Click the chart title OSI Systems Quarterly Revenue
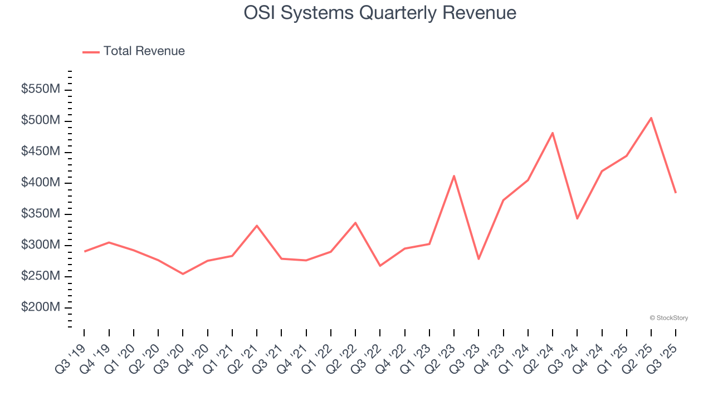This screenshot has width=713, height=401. [x=380, y=13]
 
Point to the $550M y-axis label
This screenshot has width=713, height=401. [x=41, y=90]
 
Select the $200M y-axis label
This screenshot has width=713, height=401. [x=41, y=307]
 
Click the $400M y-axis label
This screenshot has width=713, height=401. [x=41, y=183]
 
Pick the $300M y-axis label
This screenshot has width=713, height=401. [x=41, y=245]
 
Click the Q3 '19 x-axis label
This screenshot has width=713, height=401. [x=71, y=358]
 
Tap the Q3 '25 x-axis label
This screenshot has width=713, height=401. [x=663, y=358]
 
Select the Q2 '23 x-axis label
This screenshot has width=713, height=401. [x=441, y=358]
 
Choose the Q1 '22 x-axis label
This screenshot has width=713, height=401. [x=318, y=358]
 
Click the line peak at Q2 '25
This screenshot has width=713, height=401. [x=651, y=118]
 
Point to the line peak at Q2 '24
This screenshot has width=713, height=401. [x=553, y=133]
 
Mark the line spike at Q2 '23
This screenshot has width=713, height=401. [x=454, y=176]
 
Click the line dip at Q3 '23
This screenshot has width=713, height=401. [x=478, y=258]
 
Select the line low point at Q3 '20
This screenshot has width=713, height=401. [x=183, y=273]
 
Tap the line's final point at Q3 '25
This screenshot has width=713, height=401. [x=675, y=193]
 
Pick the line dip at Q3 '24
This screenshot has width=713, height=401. [x=577, y=218]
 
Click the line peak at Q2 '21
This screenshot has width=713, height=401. [x=257, y=226]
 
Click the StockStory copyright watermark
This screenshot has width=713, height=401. [x=668, y=318]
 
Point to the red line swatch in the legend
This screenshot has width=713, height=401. [x=91, y=52]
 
